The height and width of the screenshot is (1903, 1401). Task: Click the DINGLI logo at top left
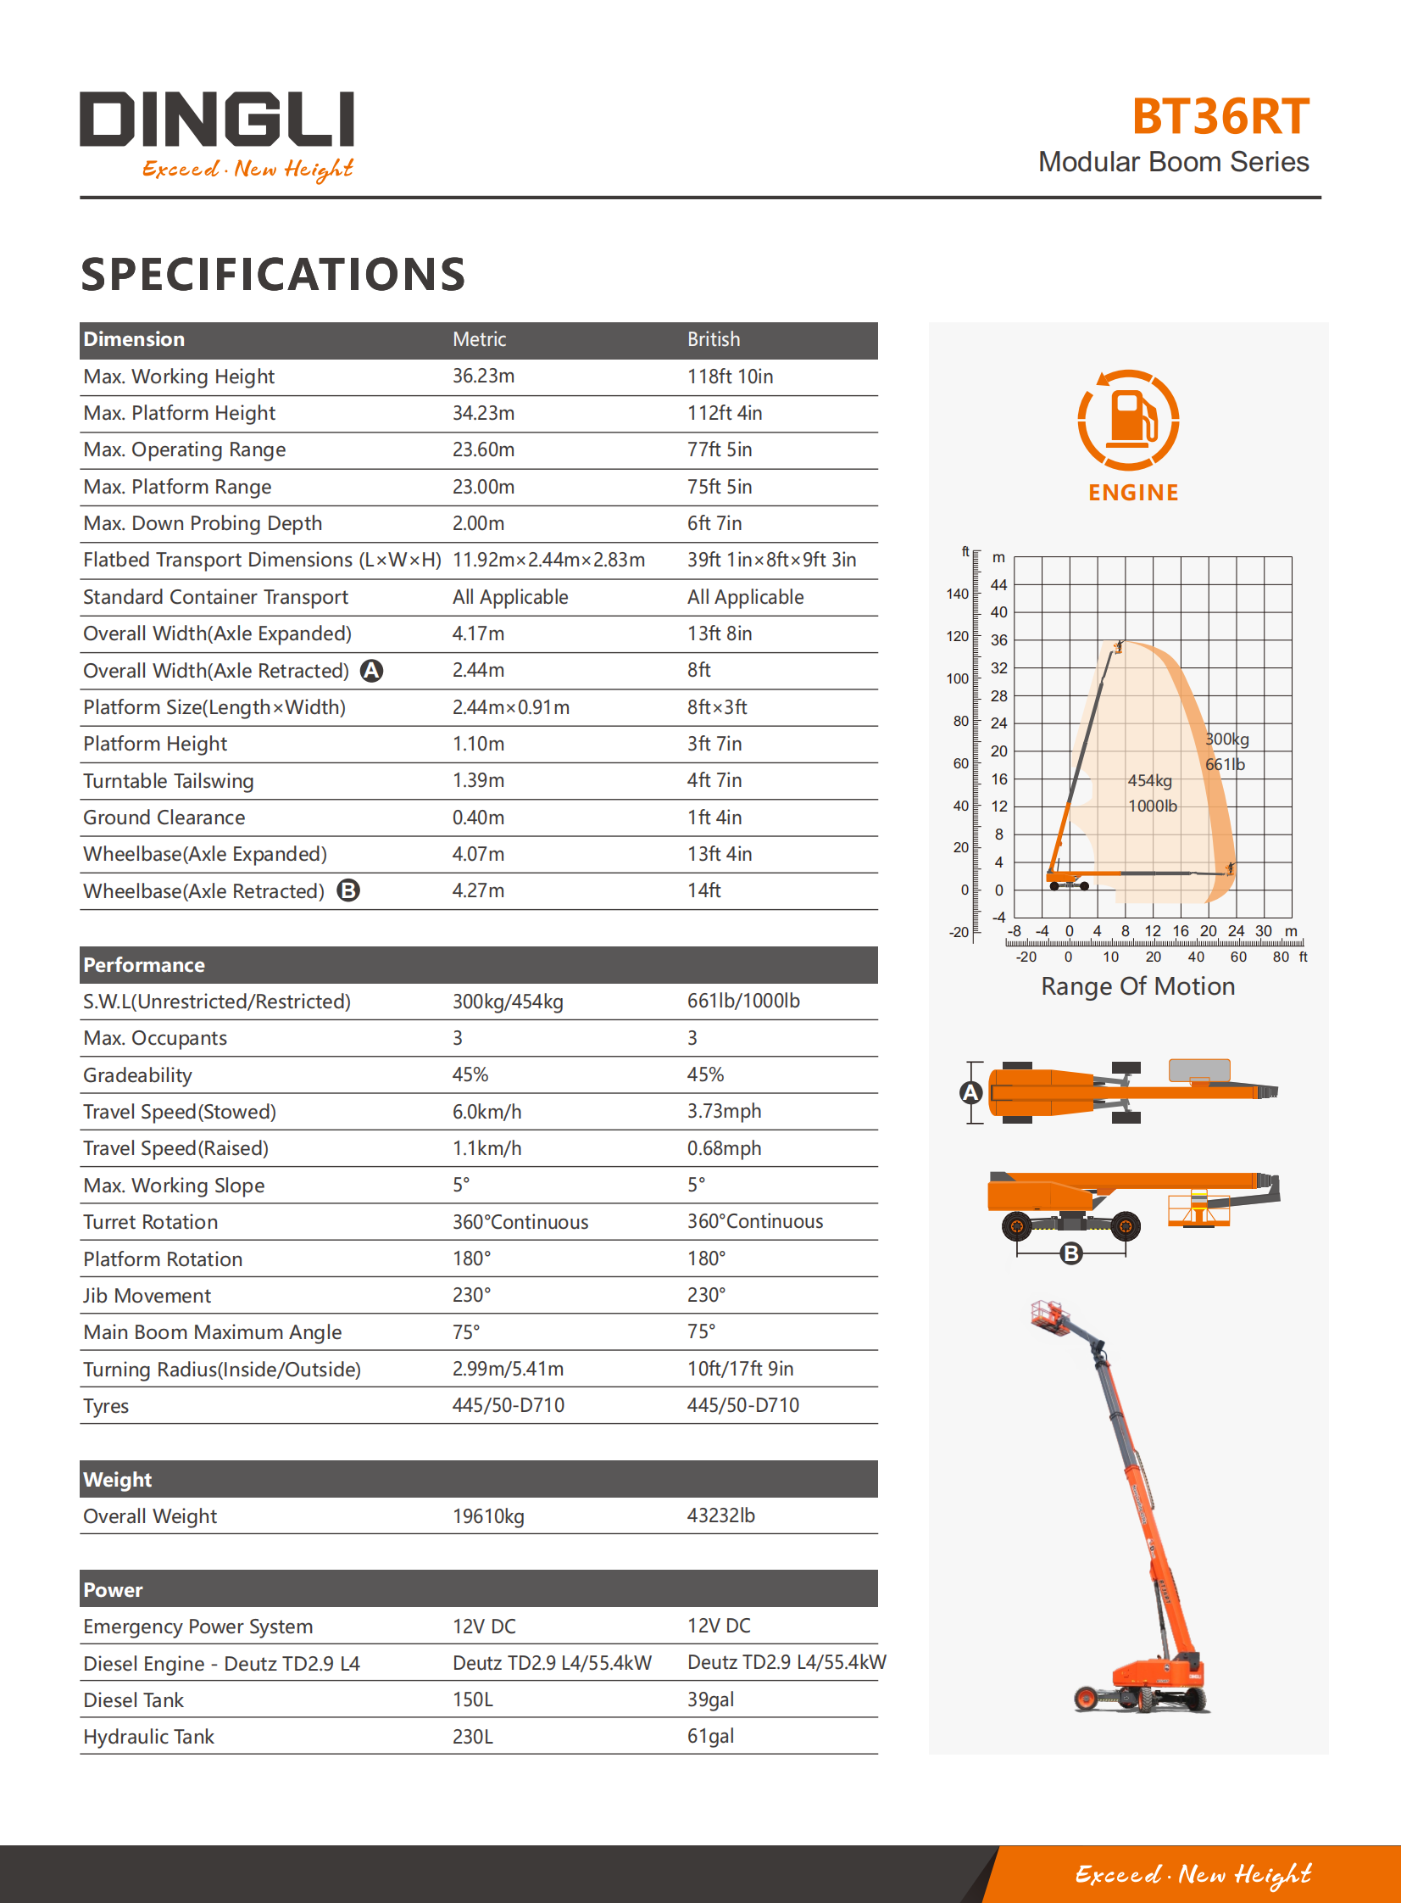coord(217,121)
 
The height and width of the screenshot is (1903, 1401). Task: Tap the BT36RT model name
coord(1220,117)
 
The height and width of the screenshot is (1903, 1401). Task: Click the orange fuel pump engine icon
coord(1128,419)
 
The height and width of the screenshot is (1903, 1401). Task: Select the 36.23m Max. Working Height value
coord(483,376)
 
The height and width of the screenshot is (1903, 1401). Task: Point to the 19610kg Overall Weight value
coord(488,1516)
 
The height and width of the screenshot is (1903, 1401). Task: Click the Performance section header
coord(144,965)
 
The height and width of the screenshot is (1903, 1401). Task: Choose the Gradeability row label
coord(137,1075)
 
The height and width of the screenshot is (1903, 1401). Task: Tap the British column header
coord(714,339)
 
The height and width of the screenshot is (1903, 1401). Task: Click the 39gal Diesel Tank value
coord(711,1699)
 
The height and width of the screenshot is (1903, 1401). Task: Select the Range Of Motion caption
coord(1137,986)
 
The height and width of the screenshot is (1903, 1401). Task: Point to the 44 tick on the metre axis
coord(999,584)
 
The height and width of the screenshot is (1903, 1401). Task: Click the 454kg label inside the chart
coord(1150,780)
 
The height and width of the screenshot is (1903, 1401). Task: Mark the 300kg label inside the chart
coord(1228,739)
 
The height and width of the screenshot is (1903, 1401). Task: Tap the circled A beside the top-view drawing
coord(971,1092)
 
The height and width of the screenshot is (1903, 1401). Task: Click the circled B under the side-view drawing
coord(1071,1253)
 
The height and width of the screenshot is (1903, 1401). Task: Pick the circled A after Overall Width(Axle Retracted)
coord(371,671)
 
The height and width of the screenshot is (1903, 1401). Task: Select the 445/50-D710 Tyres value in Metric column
coord(508,1405)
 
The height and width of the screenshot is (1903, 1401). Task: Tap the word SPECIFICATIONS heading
coord(273,274)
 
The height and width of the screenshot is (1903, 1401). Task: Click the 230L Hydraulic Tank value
coord(472,1737)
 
